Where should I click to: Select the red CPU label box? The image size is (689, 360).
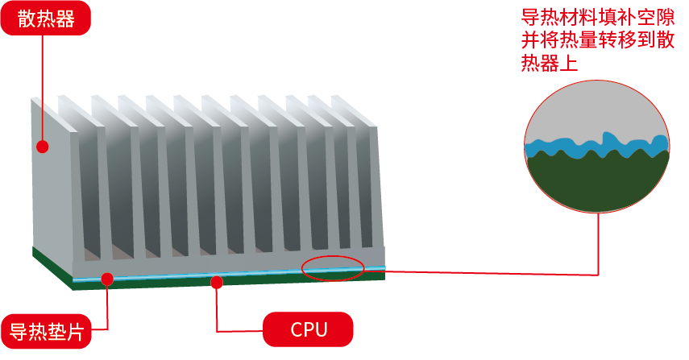pyautogui.click(x=309, y=329)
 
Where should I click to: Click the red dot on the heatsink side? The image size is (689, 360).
pyautogui.click(x=43, y=147)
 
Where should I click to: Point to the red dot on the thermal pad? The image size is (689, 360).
pyautogui.click(x=106, y=279)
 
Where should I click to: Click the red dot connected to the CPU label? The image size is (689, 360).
pyautogui.click(x=216, y=281)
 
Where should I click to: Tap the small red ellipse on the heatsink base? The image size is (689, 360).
pyautogui.click(x=333, y=268)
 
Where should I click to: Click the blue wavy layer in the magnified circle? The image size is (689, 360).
pyautogui.click(x=596, y=148)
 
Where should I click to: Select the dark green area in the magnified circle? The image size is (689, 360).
pyautogui.click(x=596, y=181)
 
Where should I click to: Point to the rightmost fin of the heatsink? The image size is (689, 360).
pyautogui.click(x=372, y=185)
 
